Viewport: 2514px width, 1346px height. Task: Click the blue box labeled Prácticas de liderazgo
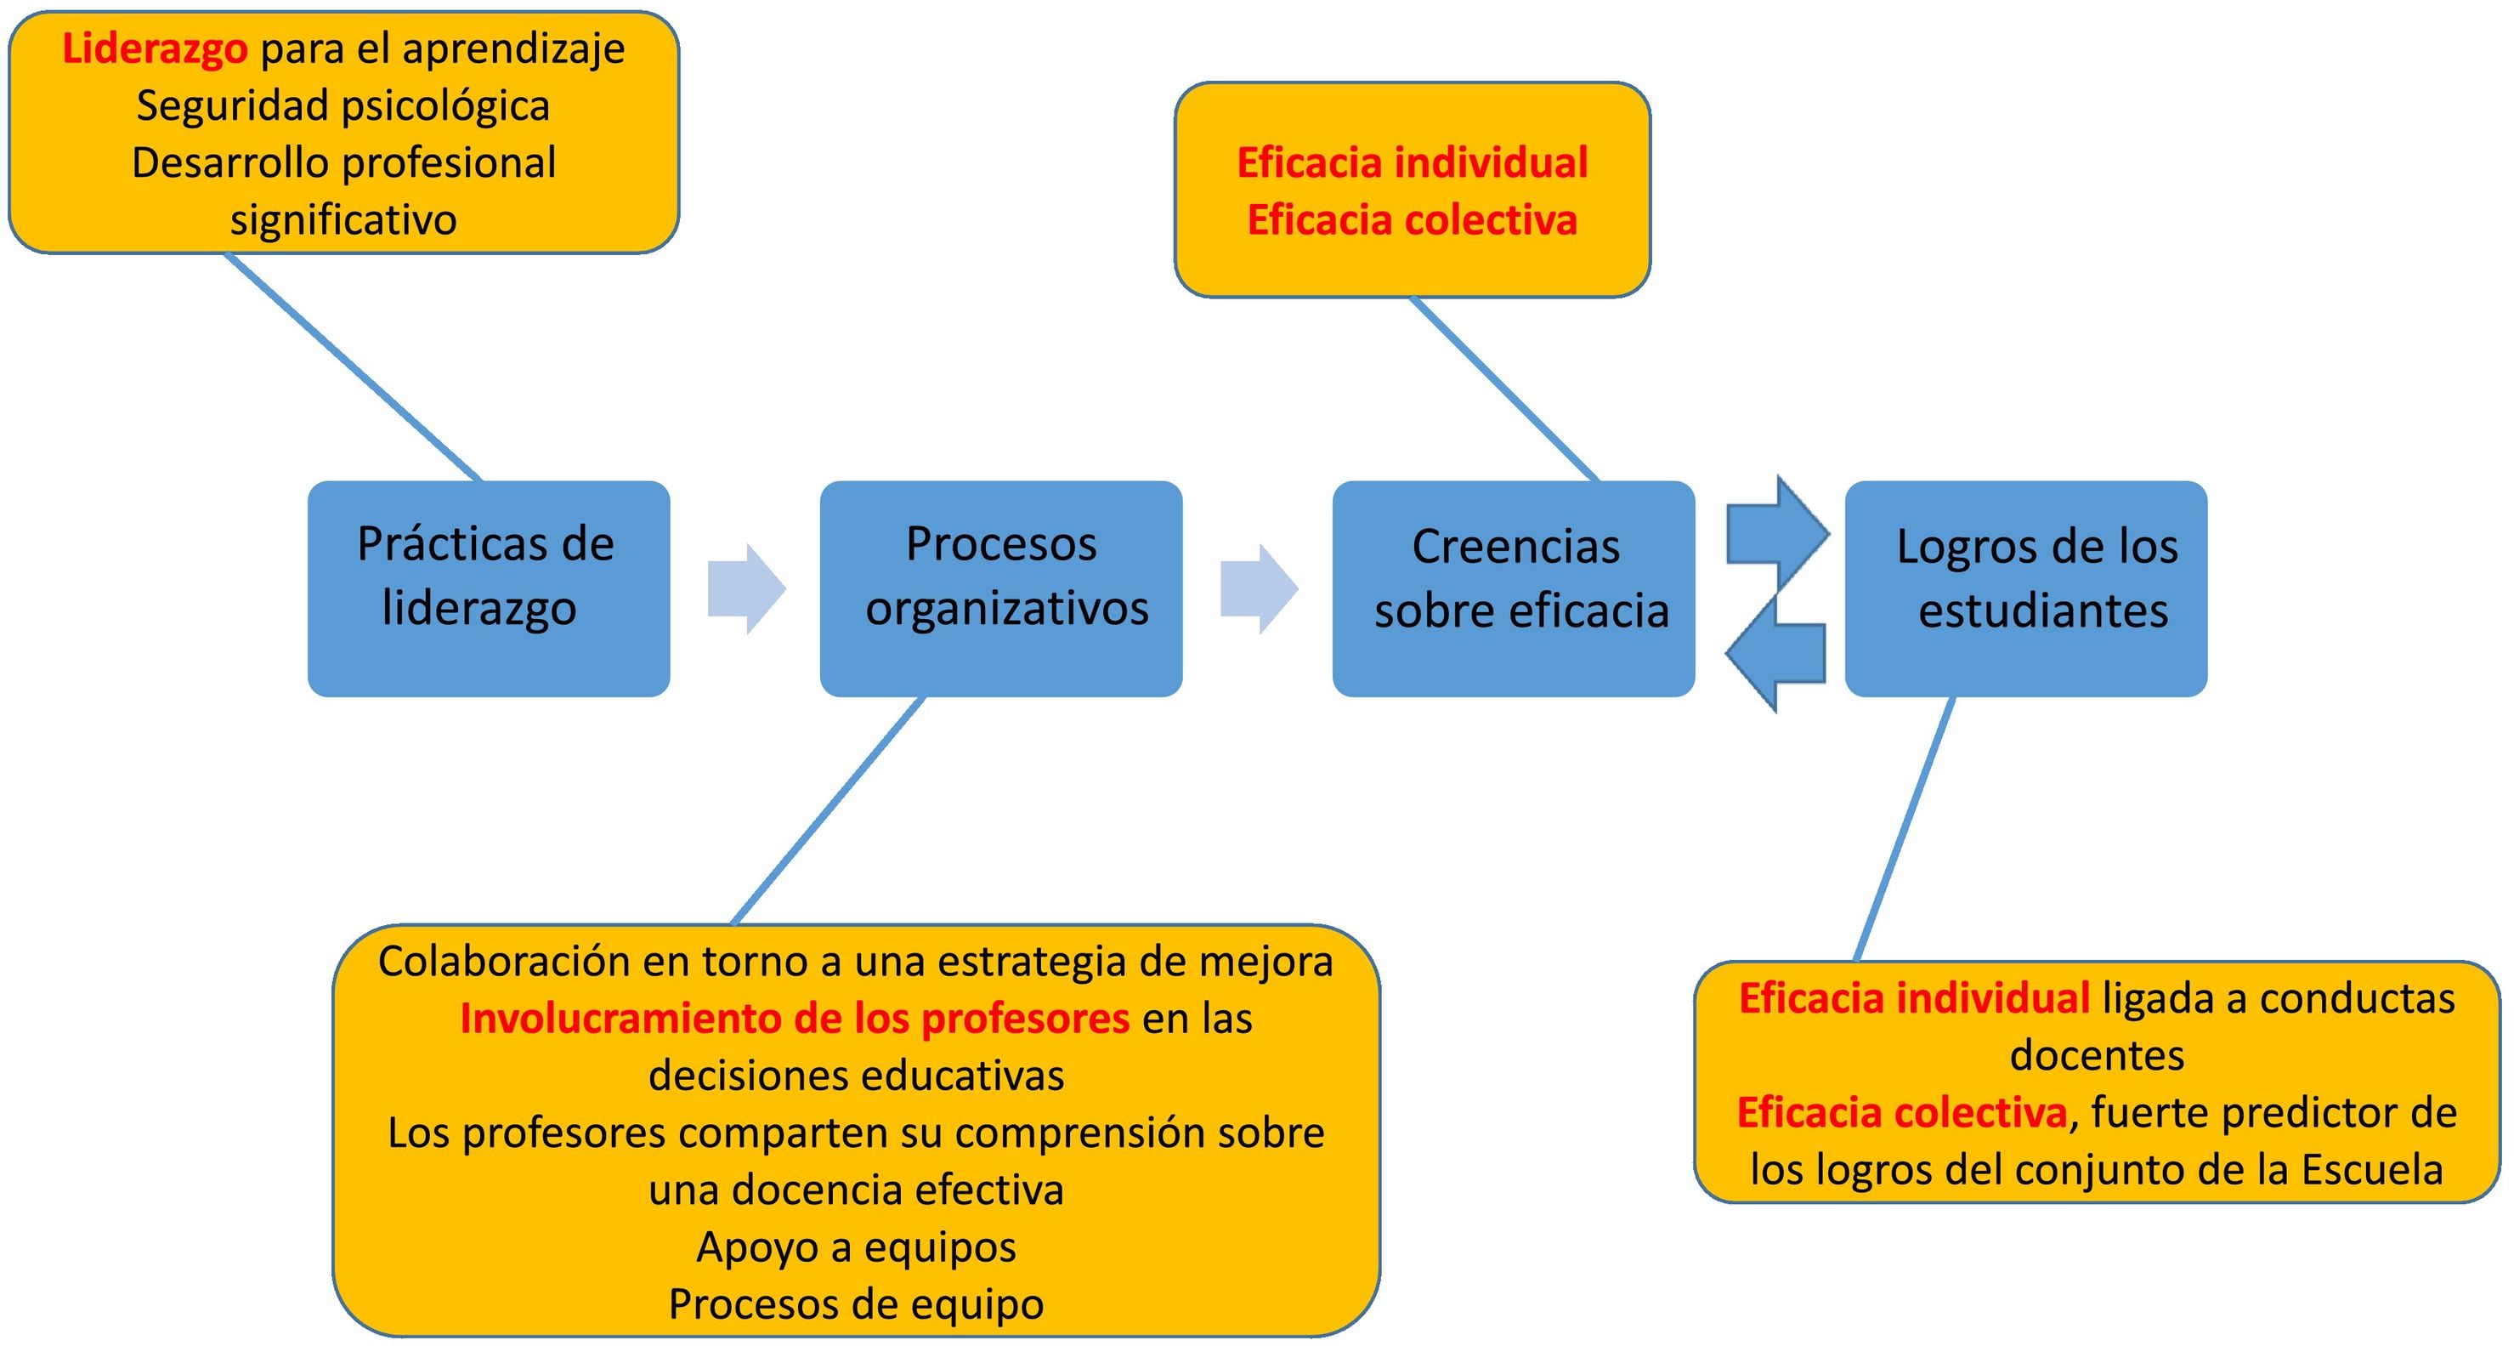pyautogui.click(x=488, y=588)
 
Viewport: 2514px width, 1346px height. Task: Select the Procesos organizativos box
pyautogui.click(x=1000, y=588)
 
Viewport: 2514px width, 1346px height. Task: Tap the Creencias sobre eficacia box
pyautogui.click(x=1513, y=588)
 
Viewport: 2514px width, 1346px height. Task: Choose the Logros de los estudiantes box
pyautogui.click(x=2026, y=588)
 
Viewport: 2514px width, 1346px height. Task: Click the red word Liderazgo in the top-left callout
pyautogui.click(x=154, y=48)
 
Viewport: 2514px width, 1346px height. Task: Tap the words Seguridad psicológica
pyautogui.click(x=343, y=105)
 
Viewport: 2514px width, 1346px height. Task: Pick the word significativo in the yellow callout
pyautogui.click(x=343, y=219)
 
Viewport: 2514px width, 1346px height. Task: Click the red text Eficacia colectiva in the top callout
pyautogui.click(x=1413, y=219)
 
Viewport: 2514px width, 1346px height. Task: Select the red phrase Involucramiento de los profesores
pyautogui.click(x=795, y=1018)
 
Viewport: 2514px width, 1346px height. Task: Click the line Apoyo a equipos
pyautogui.click(x=856, y=1247)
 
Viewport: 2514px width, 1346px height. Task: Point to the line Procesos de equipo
pyautogui.click(x=856, y=1304)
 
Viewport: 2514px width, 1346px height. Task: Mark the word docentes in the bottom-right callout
pyautogui.click(x=2097, y=1055)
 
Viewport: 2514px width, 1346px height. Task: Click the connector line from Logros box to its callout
pyautogui.click(x=1904, y=829)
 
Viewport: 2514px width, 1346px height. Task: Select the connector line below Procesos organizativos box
pyautogui.click(x=828, y=810)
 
